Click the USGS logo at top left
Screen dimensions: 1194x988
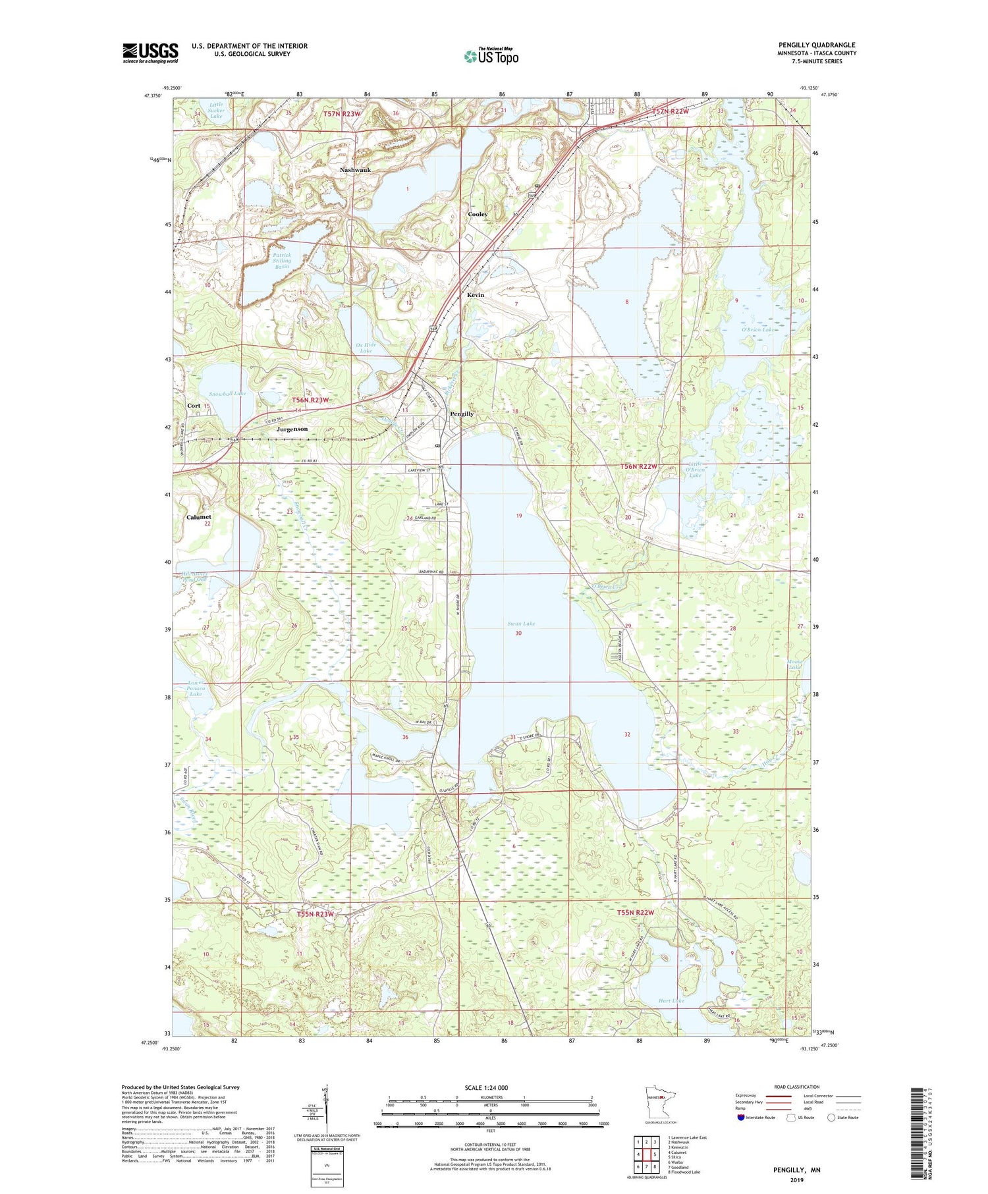tap(150, 53)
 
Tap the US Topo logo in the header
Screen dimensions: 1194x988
tap(491, 57)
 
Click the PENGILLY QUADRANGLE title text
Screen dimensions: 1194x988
tap(817, 45)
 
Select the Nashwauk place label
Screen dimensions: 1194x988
tap(355, 170)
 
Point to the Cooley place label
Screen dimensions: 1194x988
tap(478, 215)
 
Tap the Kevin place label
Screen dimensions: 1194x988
tap(475, 295)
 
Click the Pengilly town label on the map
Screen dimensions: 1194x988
tap(461, 414)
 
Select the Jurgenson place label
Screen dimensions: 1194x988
tap(292, 429)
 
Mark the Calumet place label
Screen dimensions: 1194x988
tap(198, 517)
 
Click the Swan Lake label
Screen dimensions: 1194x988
tap(521, 623)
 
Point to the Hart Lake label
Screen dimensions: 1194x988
tap(671, 1000)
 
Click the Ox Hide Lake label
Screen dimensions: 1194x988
tap(365, 347)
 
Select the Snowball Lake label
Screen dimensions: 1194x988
tap(227, 393)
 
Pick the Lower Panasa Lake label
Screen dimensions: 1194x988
tap(196, 688)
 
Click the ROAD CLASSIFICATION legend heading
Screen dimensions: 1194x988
tap(797, 1087)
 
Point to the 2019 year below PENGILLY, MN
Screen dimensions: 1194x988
tap(796, 1180)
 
